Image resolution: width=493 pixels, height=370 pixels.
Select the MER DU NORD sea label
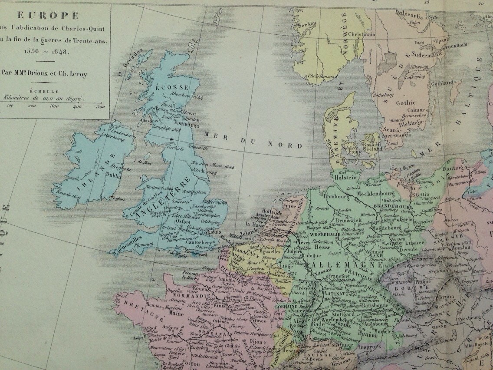[x=253, y=139]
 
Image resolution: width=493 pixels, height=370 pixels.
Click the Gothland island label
[x=442, y=82]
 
